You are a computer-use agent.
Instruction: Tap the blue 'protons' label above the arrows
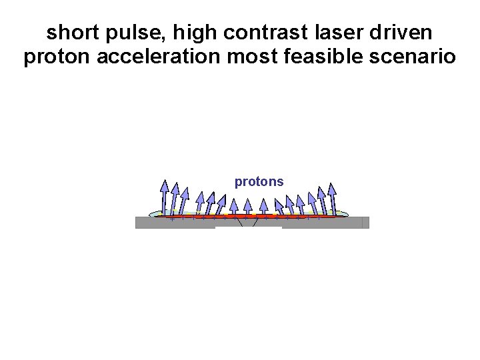pos(259,181)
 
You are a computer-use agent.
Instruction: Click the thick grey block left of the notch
pos(175,223)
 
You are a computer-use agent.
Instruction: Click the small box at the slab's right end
pos(365,223)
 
